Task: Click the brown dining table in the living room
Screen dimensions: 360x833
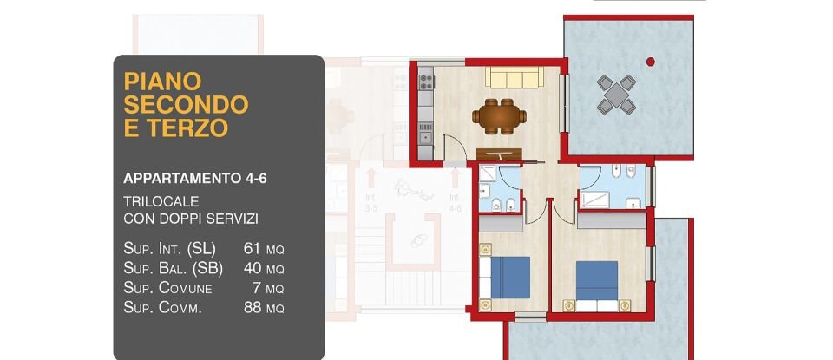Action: tap(499, 115)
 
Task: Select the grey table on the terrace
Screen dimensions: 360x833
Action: tap(616, 93)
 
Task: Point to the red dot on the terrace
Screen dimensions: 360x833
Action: tap(650, 61)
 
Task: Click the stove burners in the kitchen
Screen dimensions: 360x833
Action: tap(426, 82)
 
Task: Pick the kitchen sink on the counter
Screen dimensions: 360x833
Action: tap(425, 135)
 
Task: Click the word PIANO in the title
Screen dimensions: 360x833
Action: tap(163, 82)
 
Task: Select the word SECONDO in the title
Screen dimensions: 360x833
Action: tap(187, 105)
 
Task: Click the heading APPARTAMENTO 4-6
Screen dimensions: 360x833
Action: tap(195, 179)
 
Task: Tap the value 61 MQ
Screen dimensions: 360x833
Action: tap(264, 248)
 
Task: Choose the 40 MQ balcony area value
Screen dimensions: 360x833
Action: tap(264, 268)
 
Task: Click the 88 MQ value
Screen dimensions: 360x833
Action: tap(264, 308)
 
